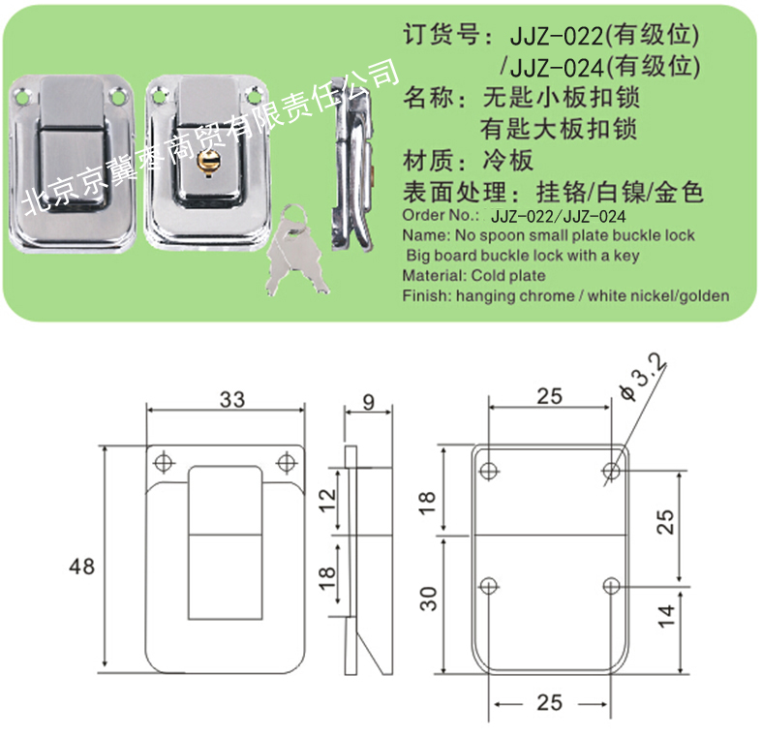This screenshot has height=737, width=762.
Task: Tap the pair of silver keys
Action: (296, 251)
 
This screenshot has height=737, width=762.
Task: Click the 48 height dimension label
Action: (81, 567)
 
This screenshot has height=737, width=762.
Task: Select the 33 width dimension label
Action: (232, 399)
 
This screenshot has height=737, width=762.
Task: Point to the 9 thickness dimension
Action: (368, 402)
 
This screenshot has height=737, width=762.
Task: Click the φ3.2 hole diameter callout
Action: (643, 378)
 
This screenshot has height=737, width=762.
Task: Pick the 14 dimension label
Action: (666, 617)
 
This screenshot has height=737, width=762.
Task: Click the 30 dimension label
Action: (429, 599)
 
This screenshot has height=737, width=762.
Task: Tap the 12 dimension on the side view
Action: (327, 500)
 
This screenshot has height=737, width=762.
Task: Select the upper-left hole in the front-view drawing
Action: (164, 462)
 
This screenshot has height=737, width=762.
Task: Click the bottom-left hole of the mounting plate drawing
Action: (489, 586)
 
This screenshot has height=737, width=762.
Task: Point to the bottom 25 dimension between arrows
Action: (550, 703)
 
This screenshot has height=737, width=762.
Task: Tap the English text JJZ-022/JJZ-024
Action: (559, 216)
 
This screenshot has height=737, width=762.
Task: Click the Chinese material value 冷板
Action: (507, 161)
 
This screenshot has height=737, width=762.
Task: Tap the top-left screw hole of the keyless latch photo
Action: (23, 96)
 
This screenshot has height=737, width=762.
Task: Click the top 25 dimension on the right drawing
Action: (550, 396)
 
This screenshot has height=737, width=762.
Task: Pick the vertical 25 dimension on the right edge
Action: (666, 522)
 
